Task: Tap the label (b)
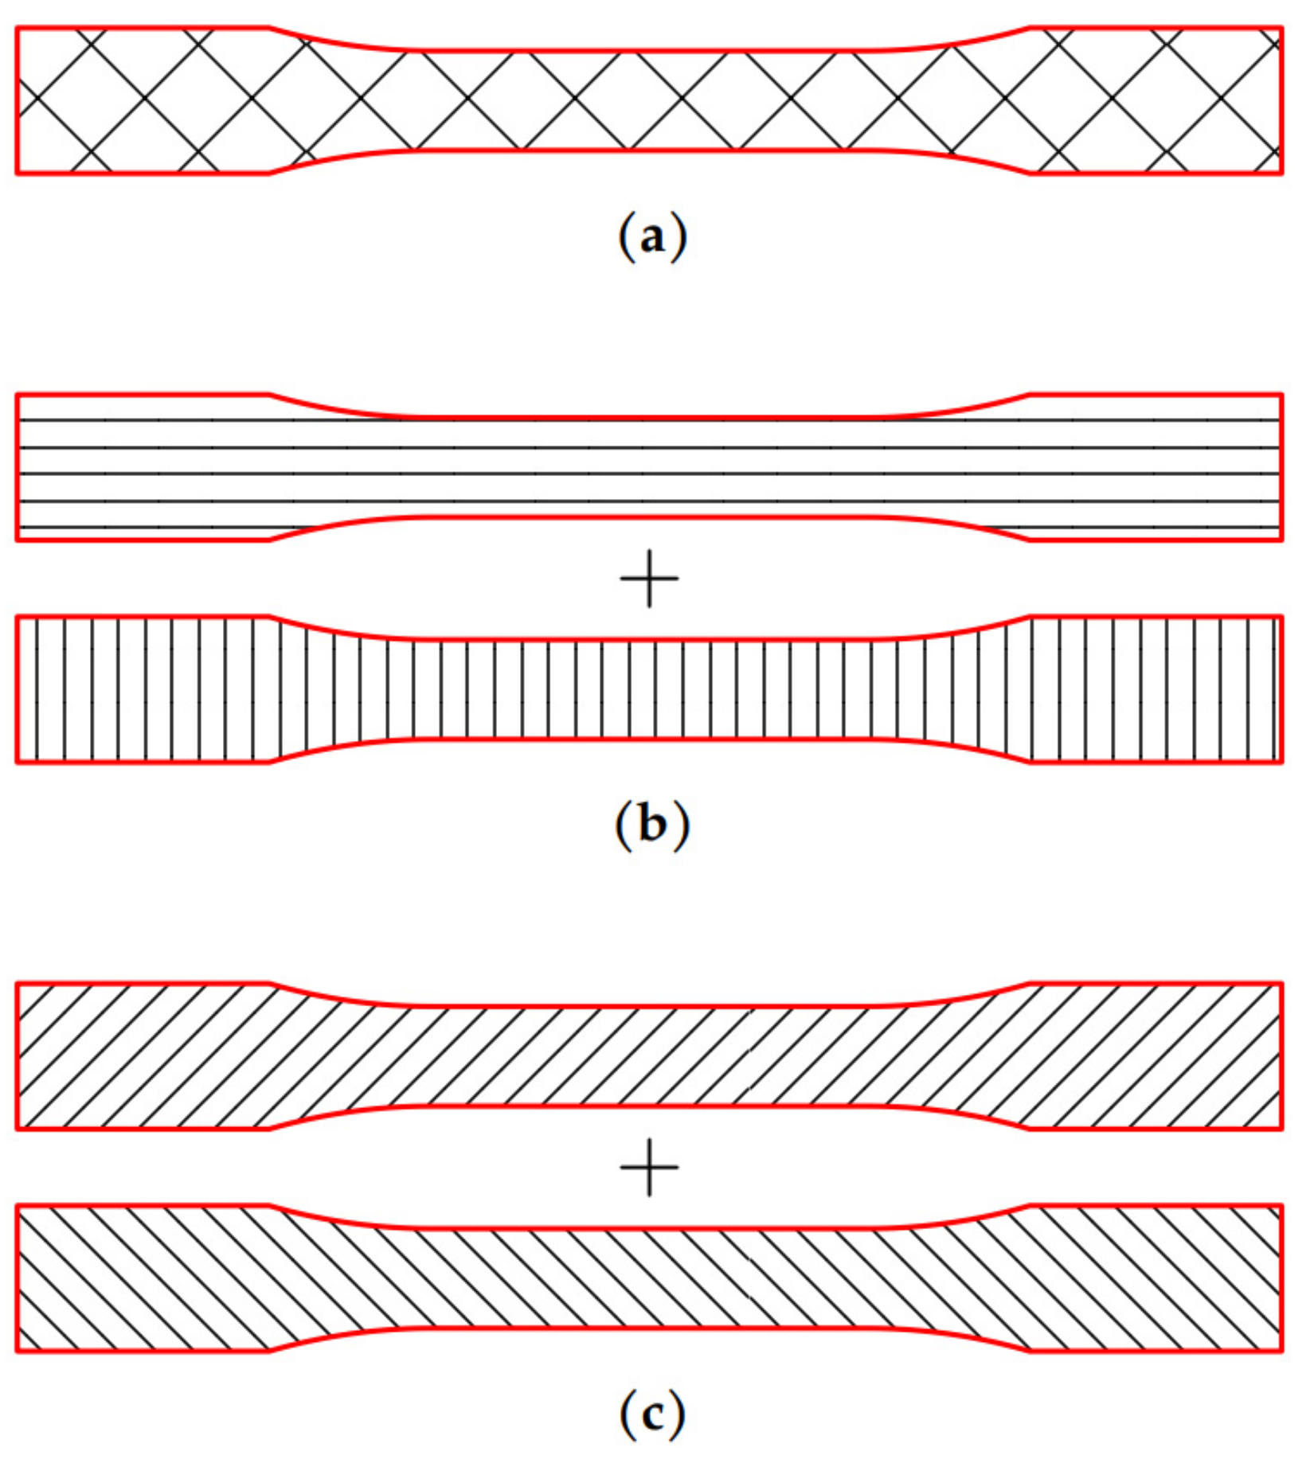(x=651, y=825)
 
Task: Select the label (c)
(x=651, y=1414)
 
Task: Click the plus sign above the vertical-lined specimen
(x=650, y=579)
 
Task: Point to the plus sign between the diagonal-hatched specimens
(x=650, y=1167)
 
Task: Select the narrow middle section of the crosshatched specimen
(x=650, y=100)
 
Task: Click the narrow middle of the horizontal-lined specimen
(x=650, y=467)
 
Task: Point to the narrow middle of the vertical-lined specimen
(x=650, y=689)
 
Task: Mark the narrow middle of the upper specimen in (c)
(x=650, y=1056)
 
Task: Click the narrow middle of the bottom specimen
(x=650, y=1278)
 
